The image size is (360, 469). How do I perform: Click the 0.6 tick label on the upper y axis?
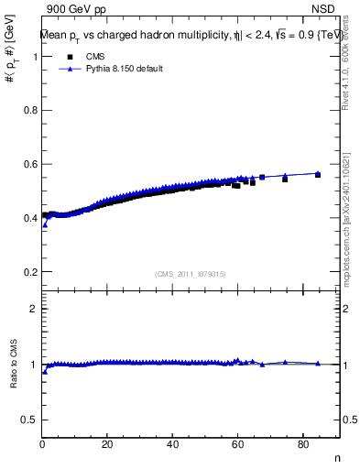coord(31,164)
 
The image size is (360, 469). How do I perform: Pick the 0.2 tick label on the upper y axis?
coord(31,272)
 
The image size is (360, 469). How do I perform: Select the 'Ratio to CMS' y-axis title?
coord(13,365)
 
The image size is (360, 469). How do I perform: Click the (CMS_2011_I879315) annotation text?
coord(191,273)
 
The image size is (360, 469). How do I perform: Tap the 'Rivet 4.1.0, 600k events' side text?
coord(345,69)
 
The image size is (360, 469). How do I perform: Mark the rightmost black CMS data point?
coord(318,174)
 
